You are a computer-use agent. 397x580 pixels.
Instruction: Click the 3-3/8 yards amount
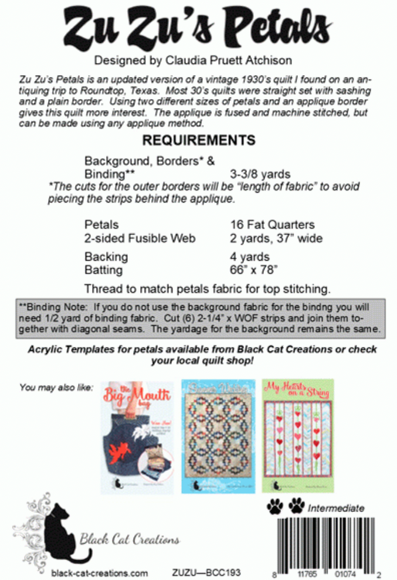pos(260,174)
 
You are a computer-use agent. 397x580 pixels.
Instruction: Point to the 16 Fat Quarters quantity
pos(272,225)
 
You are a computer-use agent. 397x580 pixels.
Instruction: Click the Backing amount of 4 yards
pos(250,257)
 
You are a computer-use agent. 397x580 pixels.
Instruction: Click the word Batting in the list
pos(104,270)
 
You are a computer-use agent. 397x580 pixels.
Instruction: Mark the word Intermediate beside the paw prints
pos(336,508)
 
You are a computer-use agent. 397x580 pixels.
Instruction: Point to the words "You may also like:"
pos(56,387)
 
